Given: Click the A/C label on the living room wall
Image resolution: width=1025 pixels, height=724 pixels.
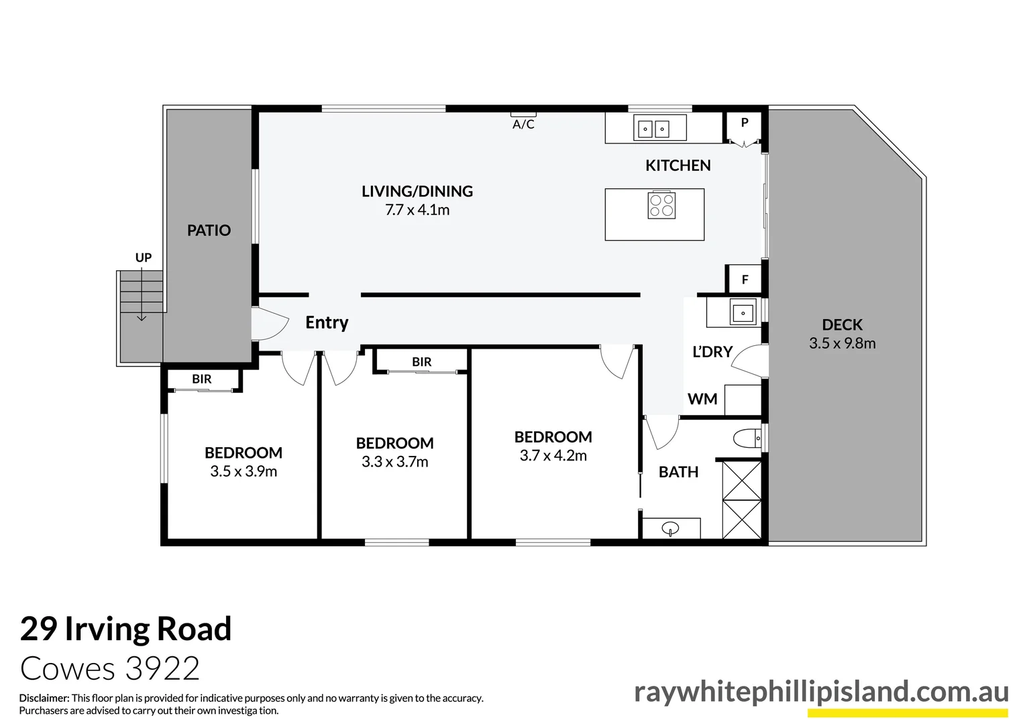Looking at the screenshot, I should click(523, 125).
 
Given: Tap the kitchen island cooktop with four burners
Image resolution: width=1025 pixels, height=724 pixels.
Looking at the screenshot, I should click(661, 205).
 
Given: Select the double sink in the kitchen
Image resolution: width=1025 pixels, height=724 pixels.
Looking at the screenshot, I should click(653, 128).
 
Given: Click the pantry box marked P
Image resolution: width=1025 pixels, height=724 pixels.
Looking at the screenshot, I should click(744, 124).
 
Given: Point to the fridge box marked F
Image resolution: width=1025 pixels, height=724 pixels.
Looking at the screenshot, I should click(745, 280).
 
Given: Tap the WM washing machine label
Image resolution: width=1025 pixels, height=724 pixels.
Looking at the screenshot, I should click(702, 400).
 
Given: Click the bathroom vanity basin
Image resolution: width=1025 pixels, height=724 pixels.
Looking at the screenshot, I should click(670, 529).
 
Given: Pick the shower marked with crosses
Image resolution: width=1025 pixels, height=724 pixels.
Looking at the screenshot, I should click(742, 499).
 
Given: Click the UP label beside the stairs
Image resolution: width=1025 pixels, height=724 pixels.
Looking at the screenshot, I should click(144, 257).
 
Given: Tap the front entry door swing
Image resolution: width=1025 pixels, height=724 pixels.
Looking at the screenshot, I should click(268, 324).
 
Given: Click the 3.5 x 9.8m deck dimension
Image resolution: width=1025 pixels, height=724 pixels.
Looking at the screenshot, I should click(842, 343).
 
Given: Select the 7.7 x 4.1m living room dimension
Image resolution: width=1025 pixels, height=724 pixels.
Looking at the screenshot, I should click(417, 210).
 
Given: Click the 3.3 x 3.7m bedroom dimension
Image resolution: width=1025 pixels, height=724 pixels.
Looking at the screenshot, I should click(394, 462).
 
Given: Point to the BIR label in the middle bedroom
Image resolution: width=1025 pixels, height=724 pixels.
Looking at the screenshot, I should click(421, 362).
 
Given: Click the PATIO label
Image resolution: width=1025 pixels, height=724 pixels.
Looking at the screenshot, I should click(209, 231).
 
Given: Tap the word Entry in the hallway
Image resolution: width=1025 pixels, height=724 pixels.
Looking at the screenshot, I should click(327, 322).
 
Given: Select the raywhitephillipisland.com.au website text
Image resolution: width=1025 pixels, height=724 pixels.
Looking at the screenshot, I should click(821, 692).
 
